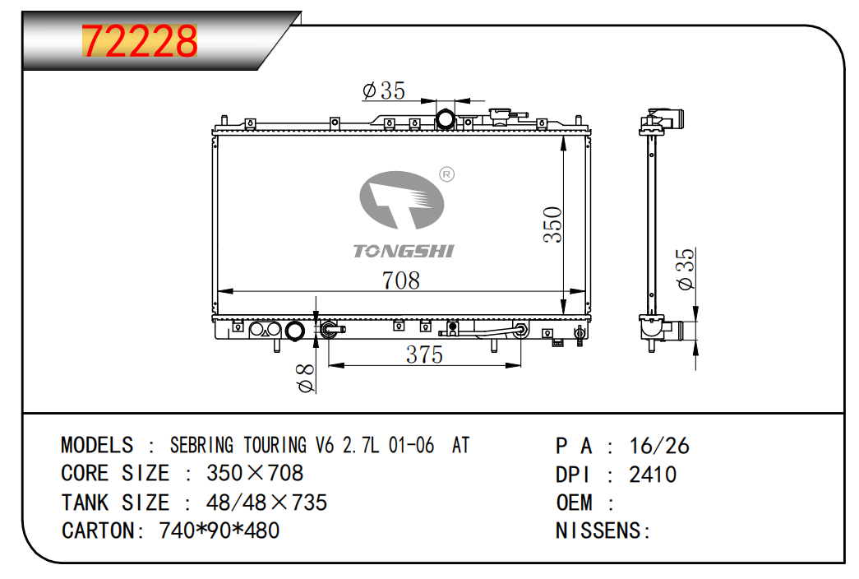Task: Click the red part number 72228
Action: click(x=140, y=41)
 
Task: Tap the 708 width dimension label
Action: click(x=401, y=280)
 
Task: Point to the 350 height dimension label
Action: click(x=552, y=225)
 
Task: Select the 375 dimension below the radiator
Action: click(x=424, y=354)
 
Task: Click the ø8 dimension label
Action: click(x=305, y=378)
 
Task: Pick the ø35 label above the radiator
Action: click(x=384, y=90)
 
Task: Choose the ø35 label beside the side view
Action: click(x=685, y=269)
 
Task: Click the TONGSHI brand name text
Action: click(x=404, y=251)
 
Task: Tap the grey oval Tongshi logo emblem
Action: click(x=402, y=200)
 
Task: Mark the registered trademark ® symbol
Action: click(x=447, y=174)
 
